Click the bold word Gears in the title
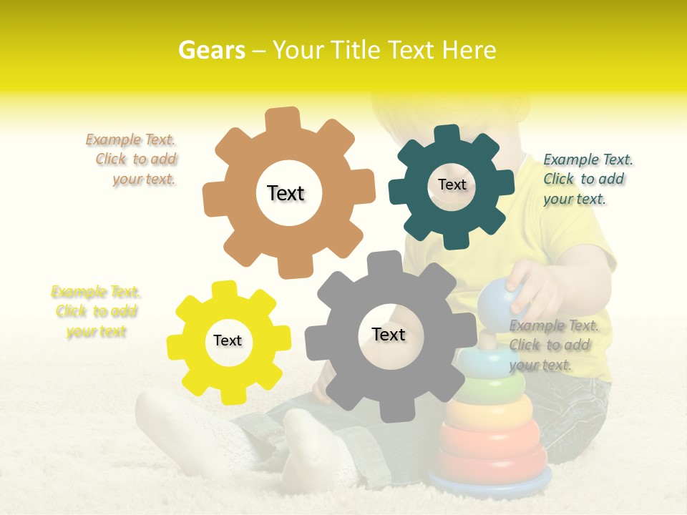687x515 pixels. (211, 50)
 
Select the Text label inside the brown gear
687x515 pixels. (286, 193)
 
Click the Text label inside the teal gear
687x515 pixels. (452, 185)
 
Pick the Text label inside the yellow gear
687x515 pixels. (228, 341)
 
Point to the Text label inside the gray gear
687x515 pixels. (389, 335)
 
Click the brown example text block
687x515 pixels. (132, 160)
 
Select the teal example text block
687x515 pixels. (588, 180)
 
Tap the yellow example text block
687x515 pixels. (96, 312)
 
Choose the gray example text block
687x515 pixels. (553, 345)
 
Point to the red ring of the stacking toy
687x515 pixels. (490, 439)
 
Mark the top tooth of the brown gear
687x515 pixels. (283, 119)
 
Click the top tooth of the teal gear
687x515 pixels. (447, 135)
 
